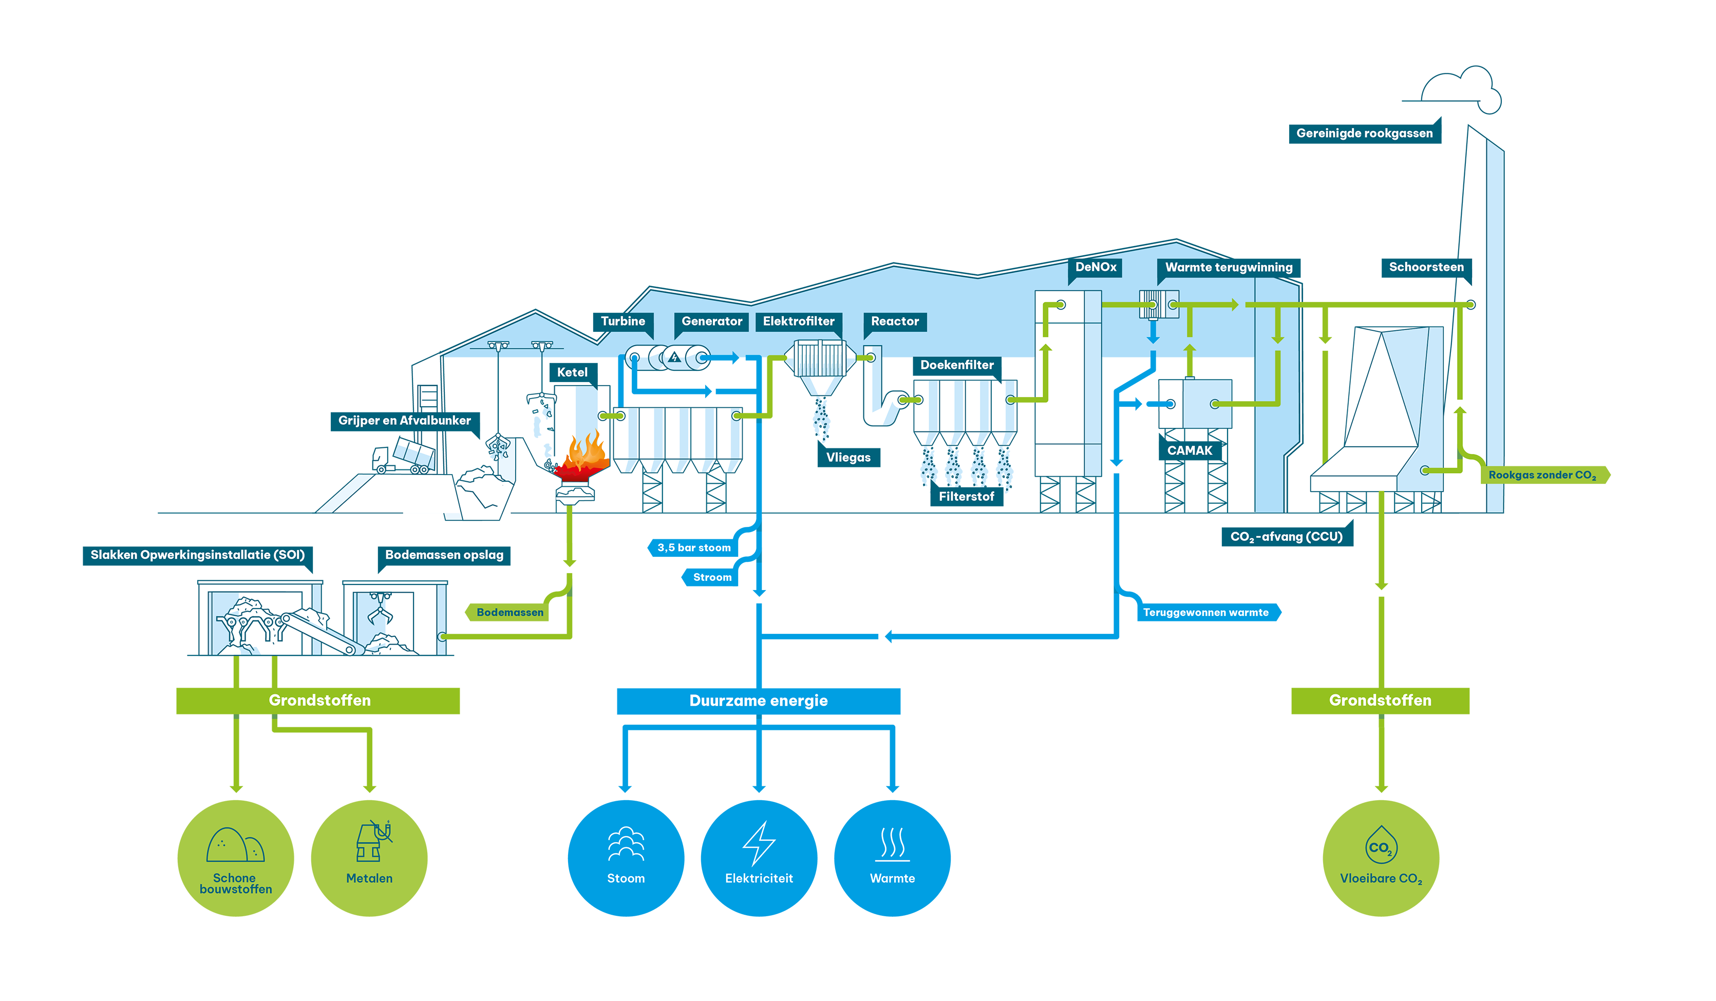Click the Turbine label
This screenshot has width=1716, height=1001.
pyautogui.click(x=623, y=322)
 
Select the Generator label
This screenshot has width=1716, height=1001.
pyautogui.click(x=711, y=322)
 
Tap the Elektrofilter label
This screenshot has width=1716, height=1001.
pyautogui.click(x=798, y=322)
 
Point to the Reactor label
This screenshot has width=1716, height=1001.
pyautogui.click(x=895, y=322)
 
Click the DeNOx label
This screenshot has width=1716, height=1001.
pyautogui.click(x=1096, y=267)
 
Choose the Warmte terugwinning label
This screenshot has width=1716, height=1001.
pyautogui.click(x=1229, y=268)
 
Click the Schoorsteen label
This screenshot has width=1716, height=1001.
pyautogui.click(x=1426, y=267)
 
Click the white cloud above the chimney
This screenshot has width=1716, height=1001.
pyautogui.click(x=1464, y=88)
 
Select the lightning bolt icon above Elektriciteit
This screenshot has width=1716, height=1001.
pyautogui.click(x=759, y=843)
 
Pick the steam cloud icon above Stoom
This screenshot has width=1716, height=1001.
pyautogui.click(x=626, y=844)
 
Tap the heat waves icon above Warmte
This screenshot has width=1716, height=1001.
pyautogui.click(x=892, y=844)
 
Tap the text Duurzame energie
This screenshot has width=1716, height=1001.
pyautogui.click(x=759, y=701)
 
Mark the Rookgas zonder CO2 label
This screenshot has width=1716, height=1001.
pyautogui.click(x=1542, y=475)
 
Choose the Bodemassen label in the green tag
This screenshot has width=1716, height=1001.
pyautogui.click(x=510, y=613)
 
